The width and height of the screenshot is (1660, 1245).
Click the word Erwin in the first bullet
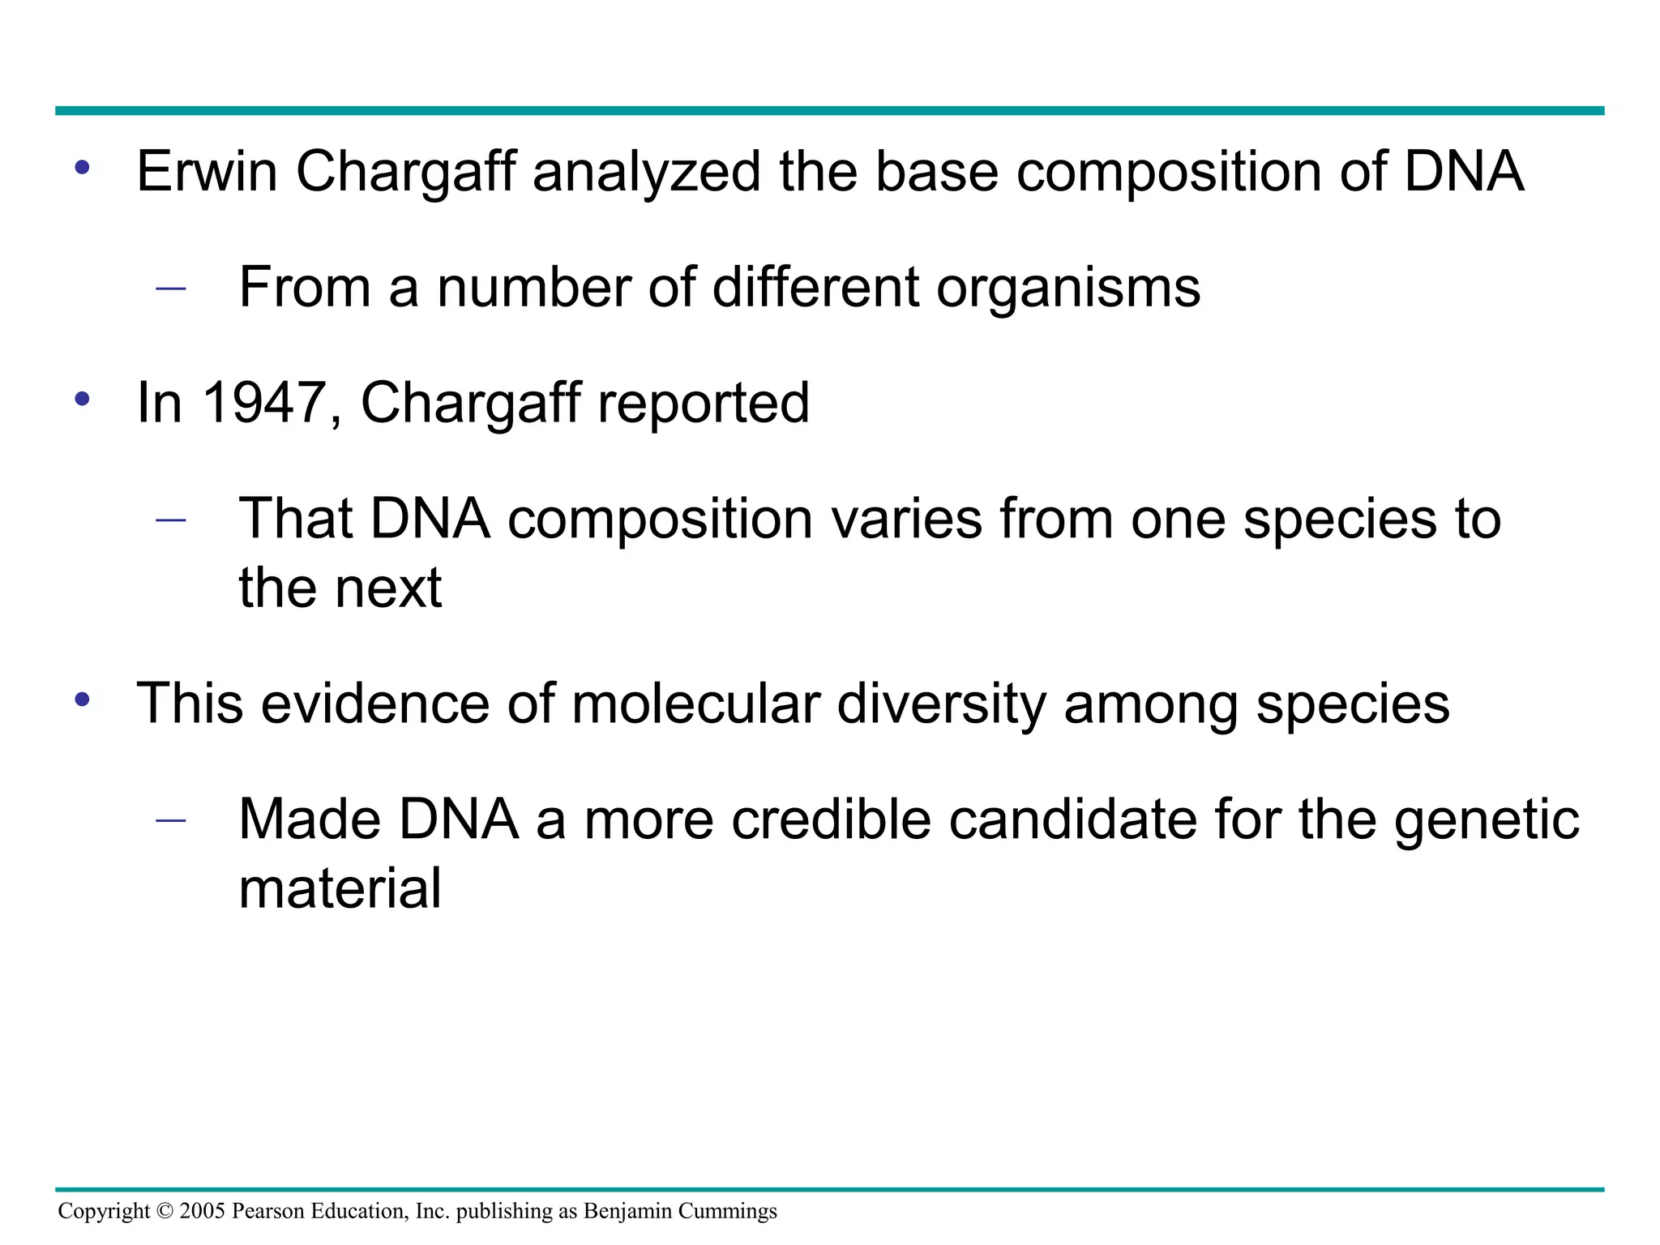tap(207, 172)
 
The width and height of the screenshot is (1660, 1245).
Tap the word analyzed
tap(646, 172)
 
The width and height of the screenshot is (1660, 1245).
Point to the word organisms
tap(1067, 288)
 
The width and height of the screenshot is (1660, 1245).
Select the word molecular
tap(695, 703)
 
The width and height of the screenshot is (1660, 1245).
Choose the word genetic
tap(1487, 820)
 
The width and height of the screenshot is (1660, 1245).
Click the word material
tap(340, 888)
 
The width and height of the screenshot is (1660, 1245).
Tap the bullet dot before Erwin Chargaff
tap(82, 168)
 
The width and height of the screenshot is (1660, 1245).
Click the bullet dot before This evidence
tap(82, 699)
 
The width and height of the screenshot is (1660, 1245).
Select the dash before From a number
tap(170, 288)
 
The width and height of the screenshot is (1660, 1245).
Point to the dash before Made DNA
tap(170, 819)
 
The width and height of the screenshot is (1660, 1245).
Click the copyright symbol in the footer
tap(165, 1211)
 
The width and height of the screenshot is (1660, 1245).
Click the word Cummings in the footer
tap(727, 1212)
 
